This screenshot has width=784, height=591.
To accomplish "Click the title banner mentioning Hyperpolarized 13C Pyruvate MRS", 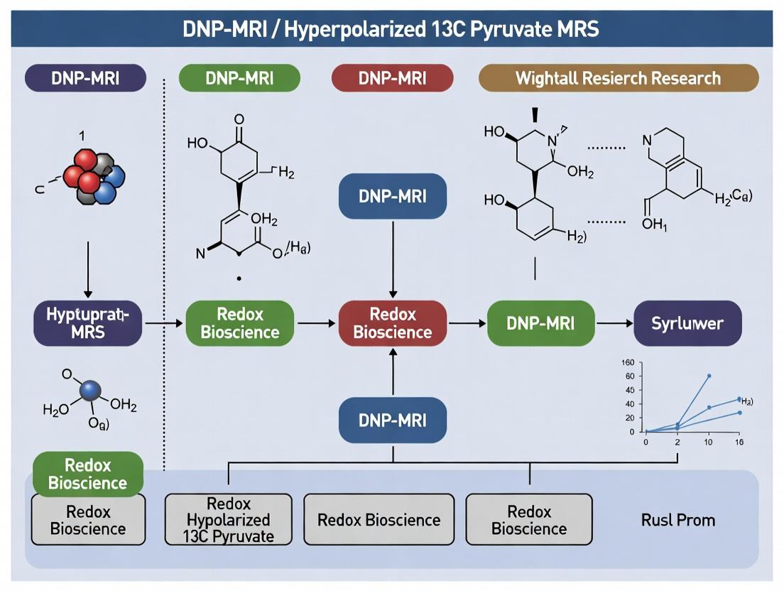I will click(391, 28).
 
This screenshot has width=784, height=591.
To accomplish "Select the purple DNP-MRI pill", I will click(86, 78).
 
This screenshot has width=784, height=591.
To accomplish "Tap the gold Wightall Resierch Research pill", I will click(618, 78).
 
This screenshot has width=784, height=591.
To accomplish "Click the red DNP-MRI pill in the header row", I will click(392, 78).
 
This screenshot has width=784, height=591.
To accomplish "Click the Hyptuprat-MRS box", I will click(87, 323).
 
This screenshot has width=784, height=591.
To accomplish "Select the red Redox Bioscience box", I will click(392, 323).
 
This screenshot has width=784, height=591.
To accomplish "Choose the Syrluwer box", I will click(687, 323).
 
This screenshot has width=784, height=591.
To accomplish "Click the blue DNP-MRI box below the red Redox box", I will click(392, 420).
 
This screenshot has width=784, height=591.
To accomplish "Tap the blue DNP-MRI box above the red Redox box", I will click(392, 196).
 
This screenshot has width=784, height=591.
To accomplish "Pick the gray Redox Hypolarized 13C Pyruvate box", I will click(228, 519).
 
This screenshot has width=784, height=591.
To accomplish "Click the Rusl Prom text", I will click(677, 520).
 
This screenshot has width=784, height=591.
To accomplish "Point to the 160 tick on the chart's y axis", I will click(627, 363).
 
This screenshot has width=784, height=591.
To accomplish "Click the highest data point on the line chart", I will click(709, 376).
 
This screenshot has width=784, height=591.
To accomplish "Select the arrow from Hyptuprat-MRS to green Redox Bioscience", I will click(164, 323).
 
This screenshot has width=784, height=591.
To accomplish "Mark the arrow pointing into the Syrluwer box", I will click(614, 323).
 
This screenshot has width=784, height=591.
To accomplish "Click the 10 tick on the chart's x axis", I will click(709, 442).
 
